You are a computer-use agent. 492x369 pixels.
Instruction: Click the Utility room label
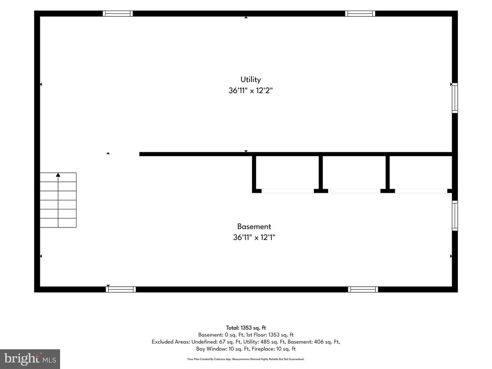250,80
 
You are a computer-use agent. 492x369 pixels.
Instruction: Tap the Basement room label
254,227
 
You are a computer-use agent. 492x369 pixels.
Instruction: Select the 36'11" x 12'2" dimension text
250,91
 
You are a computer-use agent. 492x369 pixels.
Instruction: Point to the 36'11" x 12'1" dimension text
254,237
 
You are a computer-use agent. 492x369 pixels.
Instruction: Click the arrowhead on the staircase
58,175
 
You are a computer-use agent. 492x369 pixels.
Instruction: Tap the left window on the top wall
118,13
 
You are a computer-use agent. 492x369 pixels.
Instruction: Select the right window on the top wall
360,13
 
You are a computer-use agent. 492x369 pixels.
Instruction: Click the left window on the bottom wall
121,289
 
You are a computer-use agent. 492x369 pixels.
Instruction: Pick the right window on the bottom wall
363,289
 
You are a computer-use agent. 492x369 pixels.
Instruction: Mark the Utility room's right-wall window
455,98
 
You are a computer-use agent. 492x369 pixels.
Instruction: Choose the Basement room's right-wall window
455,216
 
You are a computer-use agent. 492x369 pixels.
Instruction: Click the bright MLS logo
30,359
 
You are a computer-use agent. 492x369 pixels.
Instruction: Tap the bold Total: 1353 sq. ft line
246,328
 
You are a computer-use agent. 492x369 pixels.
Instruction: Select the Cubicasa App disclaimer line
246,359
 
